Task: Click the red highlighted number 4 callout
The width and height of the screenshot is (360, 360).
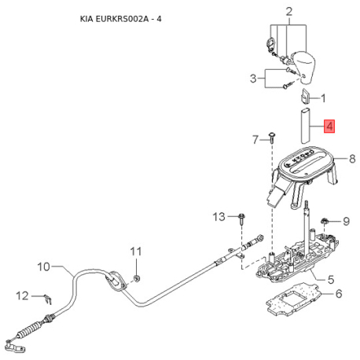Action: tap(329, 127)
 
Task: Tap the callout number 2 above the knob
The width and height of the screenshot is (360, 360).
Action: tap(288, 12)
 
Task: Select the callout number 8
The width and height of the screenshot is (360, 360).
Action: tap(352, 159)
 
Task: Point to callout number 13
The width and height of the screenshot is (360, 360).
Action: tap(219, 217)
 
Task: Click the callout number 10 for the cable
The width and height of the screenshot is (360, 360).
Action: tap(43, 266)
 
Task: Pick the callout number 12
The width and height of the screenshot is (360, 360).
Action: tap(22, 296)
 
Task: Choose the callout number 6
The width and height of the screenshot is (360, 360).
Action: tap(339, 294)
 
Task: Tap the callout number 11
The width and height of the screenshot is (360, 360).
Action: tap(136, 252)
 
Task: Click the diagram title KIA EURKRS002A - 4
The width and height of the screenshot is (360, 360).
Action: tap(121, 19)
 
